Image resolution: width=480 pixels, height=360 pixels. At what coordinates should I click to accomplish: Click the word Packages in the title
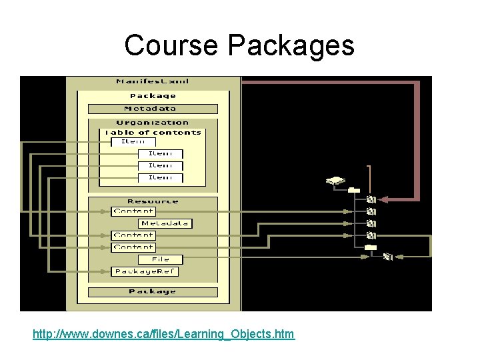coord(291,46)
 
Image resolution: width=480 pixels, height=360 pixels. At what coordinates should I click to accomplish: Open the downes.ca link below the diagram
coord(163,333)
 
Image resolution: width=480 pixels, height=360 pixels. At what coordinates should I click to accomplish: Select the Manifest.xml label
coord(153,81)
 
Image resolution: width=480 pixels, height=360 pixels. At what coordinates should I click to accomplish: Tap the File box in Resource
coord(160,259)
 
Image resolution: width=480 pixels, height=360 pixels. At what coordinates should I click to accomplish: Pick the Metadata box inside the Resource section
coord(165,223)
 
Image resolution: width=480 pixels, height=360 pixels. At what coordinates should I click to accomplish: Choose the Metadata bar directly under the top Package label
coord(153,109)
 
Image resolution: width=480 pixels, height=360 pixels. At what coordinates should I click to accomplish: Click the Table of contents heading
coord(153,132)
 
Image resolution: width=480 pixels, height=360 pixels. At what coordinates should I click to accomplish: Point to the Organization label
coord(153,123)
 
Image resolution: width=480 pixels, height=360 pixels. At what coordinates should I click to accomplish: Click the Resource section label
coord(153,201)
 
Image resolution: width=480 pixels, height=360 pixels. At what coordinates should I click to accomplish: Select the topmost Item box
coord(133,141)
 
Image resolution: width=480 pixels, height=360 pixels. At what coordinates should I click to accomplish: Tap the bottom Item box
coord(160,177)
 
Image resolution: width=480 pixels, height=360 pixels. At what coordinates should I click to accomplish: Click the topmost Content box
coord(133,211)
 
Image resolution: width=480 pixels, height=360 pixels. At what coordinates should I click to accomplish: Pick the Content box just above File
coord(133,247)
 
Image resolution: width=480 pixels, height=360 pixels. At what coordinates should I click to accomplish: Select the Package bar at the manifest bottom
coord(153,291)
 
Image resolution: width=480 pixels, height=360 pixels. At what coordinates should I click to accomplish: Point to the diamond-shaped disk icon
coord(335,181)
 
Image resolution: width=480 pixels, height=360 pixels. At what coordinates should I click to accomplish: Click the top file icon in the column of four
coord(371,199)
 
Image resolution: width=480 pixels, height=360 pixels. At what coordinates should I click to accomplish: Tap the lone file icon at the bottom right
coord(389,255)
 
